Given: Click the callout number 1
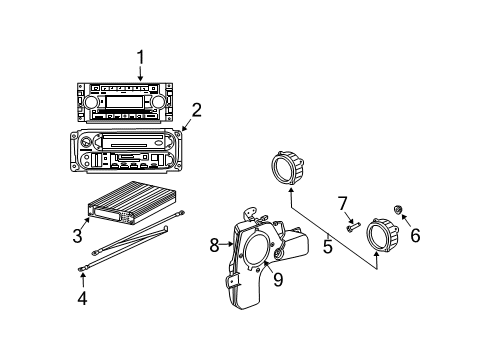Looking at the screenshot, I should (x=141, y=57).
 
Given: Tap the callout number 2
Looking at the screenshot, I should (x=197, y=109).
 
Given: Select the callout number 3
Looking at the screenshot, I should (x=76, y=236).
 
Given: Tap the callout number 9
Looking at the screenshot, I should (x=278, y=279).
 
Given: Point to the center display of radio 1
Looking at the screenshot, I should (x=124, y=102).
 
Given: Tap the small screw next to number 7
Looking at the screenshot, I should (x=352, y=227).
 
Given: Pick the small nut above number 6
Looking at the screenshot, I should (x=398, y=209).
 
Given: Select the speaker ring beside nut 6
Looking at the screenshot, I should (x=383, y=235).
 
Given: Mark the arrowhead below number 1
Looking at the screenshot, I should (x=141, y=78).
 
